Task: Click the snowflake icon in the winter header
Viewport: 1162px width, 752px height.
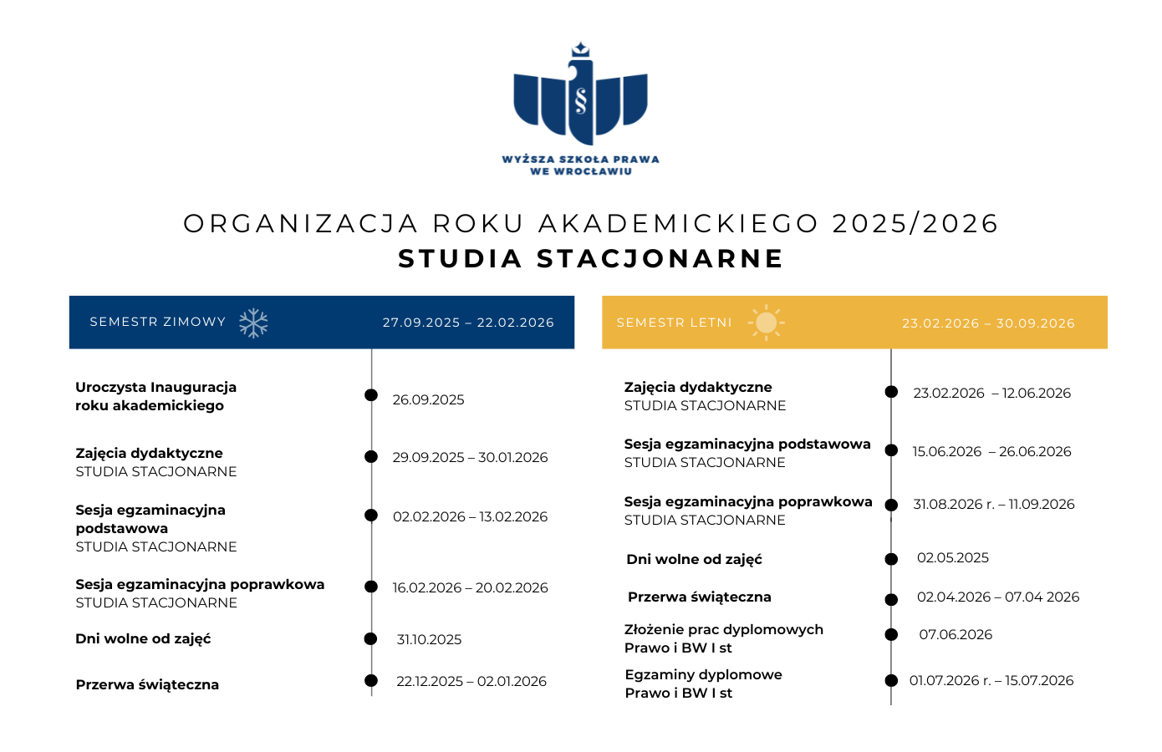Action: point(253,323)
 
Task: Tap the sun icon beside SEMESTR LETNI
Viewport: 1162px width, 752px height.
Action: point(766,323)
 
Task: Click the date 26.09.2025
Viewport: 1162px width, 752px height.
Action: point(428,400)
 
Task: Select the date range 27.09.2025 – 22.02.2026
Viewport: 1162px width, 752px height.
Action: point(468,323)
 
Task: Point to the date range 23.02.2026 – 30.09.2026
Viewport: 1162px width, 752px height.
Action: point(988,323)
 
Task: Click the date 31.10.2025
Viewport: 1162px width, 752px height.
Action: point(429,640)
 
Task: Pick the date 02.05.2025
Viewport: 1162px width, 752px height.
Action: point(952,558)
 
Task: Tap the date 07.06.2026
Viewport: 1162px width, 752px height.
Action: point(956,635)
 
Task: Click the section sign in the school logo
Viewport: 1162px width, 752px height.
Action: point(581,100)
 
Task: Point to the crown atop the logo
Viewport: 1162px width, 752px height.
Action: point(580,49)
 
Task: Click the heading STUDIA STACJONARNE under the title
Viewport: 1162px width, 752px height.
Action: point(591,259)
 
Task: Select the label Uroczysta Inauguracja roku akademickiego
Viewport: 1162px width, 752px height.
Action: point(155,397)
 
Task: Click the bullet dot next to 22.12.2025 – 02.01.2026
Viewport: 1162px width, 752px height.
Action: point(371,681)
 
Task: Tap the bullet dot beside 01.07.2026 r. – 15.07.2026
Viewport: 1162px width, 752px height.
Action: point(891,681)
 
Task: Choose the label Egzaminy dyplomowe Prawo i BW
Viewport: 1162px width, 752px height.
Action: point(703,684)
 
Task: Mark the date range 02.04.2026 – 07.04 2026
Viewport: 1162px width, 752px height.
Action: point(997,597)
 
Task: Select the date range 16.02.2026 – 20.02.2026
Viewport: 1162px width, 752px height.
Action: point(470,588)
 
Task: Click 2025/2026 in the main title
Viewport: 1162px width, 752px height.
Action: point(915,224)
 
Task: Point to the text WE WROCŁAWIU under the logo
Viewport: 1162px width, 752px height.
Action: point(581,171)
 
